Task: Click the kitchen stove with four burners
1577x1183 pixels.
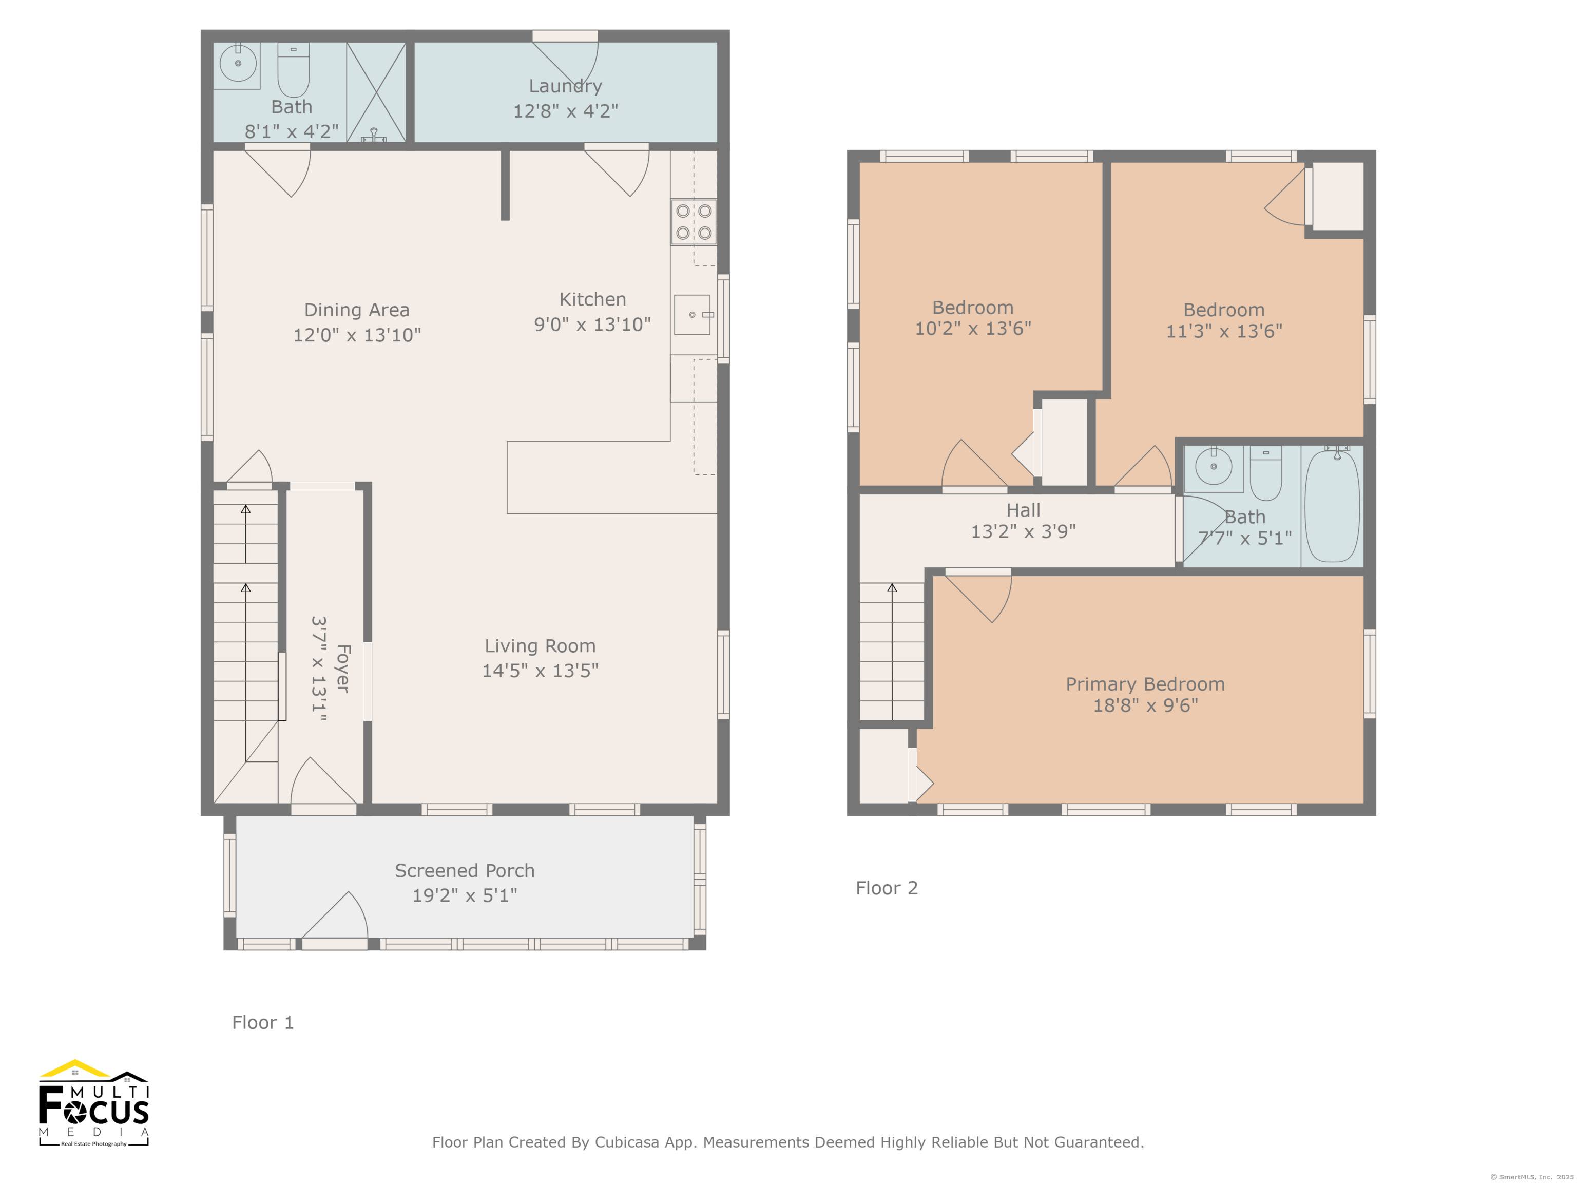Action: [x=693, y=222]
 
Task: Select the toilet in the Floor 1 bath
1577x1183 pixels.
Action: [x=293, y=70]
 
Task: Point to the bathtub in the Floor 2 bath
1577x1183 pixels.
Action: [x=1331, y=506]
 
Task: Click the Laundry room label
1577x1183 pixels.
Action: [x=565, y=86]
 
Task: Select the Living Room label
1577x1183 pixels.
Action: [x=540, y=646]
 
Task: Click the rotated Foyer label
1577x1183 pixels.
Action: [x=343, y=668]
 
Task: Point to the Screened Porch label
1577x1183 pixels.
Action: [x=464, y=871]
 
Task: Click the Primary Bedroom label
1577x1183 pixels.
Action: [x=1145, y=684]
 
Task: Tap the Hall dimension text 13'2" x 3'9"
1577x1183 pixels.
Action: [x=1023, y=531]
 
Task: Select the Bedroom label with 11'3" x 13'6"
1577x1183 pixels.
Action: [x=1223, y=310]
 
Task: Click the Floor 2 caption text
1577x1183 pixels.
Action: [x=886, y=888]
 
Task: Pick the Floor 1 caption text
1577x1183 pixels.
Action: [x=262, y=1023]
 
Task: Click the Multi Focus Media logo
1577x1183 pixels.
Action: [x=93, y=1104]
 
